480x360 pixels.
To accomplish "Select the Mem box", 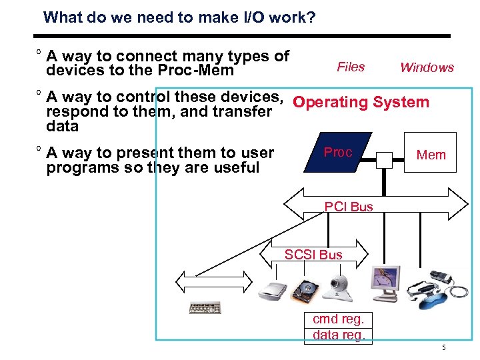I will click(431, 155).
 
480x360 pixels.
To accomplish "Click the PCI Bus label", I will click(349, 207).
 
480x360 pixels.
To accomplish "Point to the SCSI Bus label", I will click(313, 255).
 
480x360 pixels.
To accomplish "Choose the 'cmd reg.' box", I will click(339, 319).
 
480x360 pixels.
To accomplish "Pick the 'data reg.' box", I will click(339, 335).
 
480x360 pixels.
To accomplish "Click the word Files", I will click(351, 67).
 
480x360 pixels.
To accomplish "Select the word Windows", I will click(427, 67).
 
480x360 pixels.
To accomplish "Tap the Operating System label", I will click(361, 102).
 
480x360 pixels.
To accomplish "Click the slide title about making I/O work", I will click(179, 17).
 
